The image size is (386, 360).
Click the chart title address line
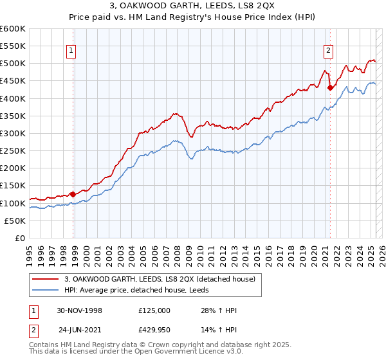coord(193,6)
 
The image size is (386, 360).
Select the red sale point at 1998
coord(73,194)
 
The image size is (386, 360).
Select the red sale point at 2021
coord(330,87)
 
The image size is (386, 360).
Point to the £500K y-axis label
coord(13,64)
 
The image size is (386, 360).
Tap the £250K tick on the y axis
coord(13,150)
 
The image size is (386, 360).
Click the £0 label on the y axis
coord(21,238)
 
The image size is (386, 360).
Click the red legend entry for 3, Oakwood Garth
coord(160,278)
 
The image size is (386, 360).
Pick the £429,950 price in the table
coord(154,329)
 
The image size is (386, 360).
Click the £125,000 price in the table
coord(154,310)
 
